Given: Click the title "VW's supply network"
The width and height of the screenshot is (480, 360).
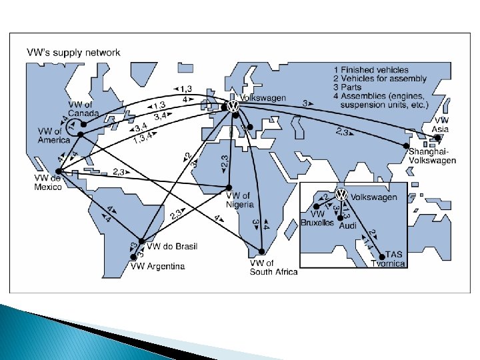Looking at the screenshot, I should pyautogui.click(x=73, y=52).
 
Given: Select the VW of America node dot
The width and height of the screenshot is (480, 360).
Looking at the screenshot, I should pyautogui.click(x=80, y=135).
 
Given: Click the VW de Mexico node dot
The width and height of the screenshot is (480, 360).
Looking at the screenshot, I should pyautogui.click(x=57, y=171).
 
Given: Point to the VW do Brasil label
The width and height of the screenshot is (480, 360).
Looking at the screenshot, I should pyautogui.click(x=172, y=247).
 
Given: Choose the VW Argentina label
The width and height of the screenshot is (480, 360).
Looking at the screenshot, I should pyautogui.click(x=157, y=267).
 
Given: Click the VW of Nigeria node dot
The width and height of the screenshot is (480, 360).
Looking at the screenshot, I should pyautogui.click(x=229, y=187).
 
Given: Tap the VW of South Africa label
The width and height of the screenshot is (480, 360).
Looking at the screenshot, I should pyautogui.click(x=273, y=267).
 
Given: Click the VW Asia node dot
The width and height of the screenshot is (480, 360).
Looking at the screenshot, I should pyautogui.click(x=437, y=138).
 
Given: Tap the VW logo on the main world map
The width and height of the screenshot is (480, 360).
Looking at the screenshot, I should pyautogui.click(x=233, y=106).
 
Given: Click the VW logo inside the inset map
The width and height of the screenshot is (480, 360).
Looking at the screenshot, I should pyautogui.click(x=341, y=195).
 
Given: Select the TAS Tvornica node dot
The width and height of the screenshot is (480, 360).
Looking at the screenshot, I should pyautogui.click(x=382, y=255).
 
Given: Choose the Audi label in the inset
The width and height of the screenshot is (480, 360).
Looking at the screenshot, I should pyautogui.click(x=348, y=226).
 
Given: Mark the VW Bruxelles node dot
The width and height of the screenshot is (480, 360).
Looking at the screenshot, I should pyautogui.click(x=317, y=206).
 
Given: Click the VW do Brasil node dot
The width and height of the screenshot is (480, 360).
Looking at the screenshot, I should pyautogui.click(x=141, y=241).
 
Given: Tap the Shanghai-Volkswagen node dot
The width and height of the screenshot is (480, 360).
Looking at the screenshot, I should pyautogui.click(x=405, y=145).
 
